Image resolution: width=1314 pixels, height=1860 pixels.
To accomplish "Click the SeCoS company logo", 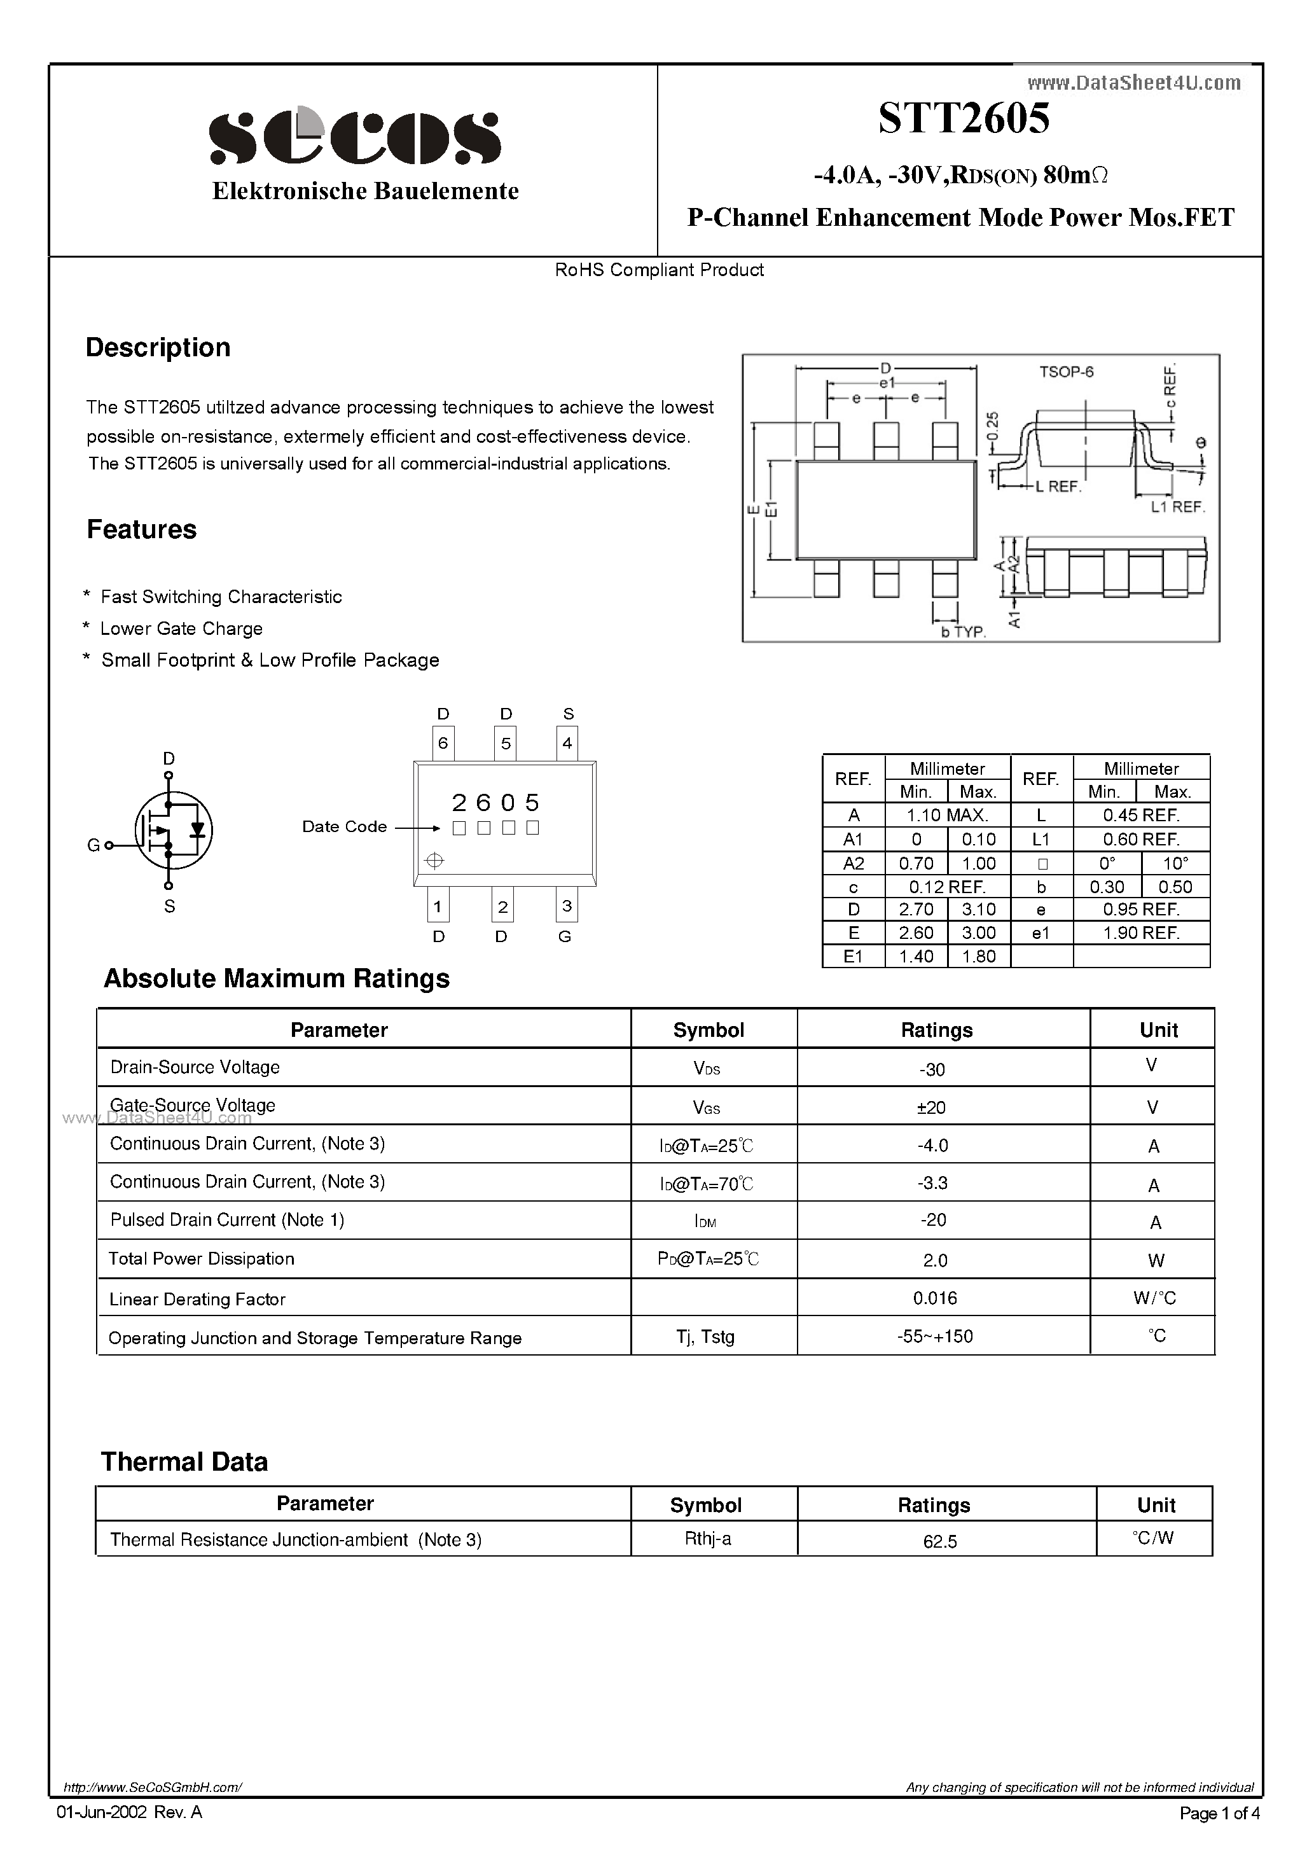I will [355, 137].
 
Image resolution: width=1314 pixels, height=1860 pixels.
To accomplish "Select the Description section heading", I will [158, 347].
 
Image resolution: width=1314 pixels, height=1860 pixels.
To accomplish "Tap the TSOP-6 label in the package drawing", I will [1066, 372].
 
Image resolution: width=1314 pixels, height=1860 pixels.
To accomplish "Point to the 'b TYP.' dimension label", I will [963, 632].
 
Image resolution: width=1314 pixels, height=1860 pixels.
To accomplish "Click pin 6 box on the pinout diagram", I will [442, 743].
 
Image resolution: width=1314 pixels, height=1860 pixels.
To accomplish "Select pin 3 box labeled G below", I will [566, 906].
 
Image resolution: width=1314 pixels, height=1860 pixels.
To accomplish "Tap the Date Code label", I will [344, 826].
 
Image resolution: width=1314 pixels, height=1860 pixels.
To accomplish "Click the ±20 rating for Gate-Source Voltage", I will [932, 1107].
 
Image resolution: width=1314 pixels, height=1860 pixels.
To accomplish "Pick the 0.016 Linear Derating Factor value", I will [935, 1298].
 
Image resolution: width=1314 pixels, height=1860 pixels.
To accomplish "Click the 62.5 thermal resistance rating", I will [940, 1542].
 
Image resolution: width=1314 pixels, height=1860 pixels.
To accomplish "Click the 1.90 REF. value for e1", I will [1140, 933].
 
